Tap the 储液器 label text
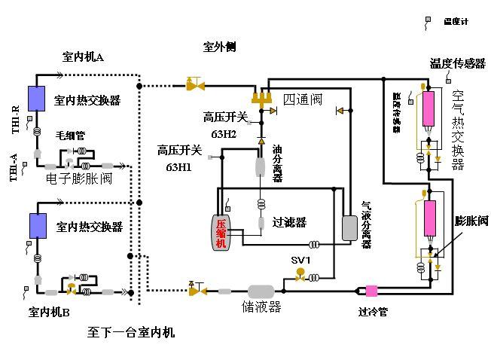[261, 307]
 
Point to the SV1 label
[301, 260]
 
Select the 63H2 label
[224, 134]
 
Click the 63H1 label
[178, 167]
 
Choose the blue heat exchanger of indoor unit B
[36, 225]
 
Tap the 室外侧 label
[220, 46]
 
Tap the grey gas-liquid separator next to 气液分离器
[349, 227]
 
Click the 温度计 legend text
[456, 22]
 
